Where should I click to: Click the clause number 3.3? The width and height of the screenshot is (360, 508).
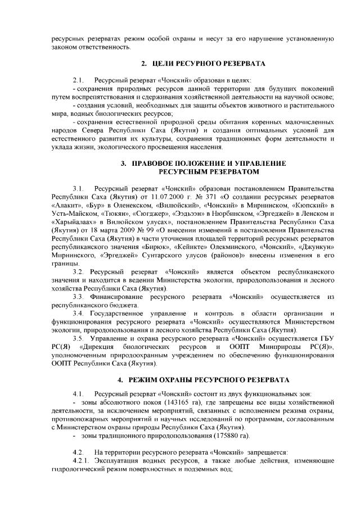78,295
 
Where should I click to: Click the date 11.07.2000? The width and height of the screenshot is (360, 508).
163,198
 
